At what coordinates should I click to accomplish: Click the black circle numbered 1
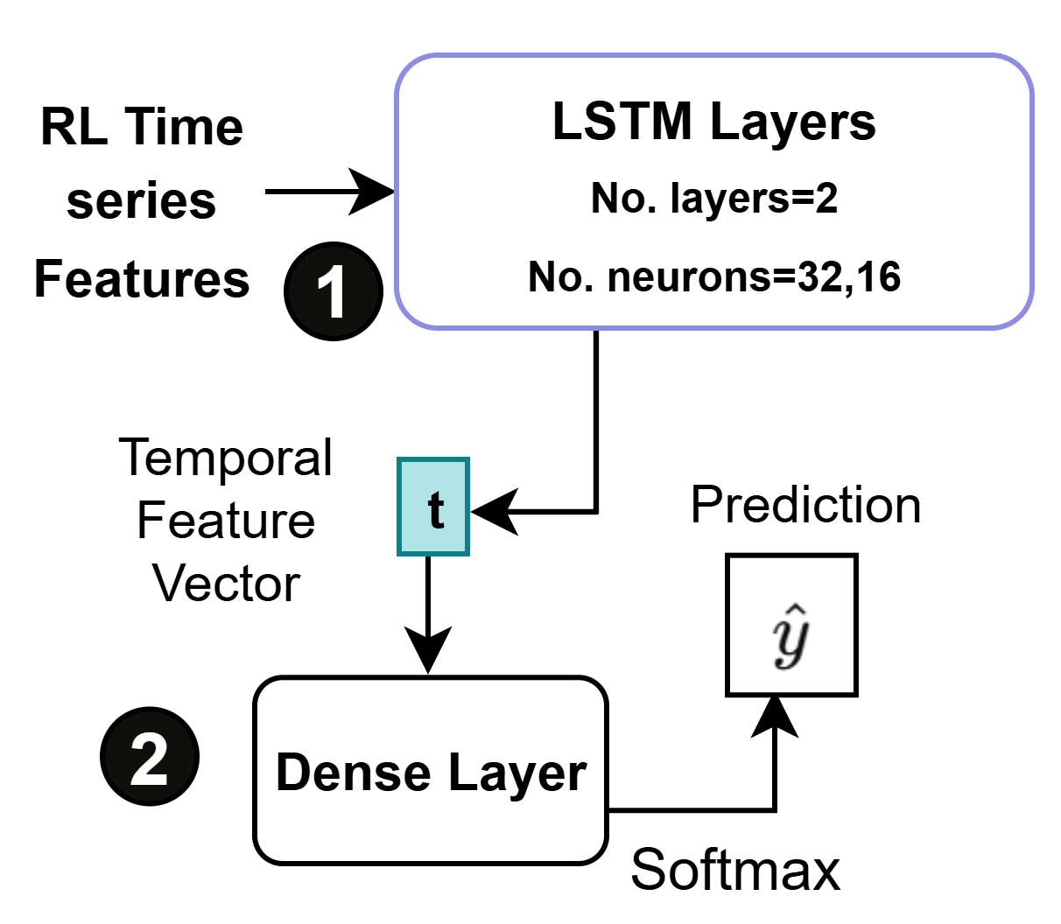(x=334, y=291)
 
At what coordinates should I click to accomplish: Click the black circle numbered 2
(x=150, y=757)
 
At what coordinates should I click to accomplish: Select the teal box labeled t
(x=433, y=507)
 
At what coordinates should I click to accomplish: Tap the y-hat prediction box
(x=791, y=625)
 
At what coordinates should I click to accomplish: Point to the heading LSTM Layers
(x=713, y=122)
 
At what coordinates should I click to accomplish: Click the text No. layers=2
(x=713, y=199)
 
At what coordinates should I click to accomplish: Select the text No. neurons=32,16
(x=713, y=277)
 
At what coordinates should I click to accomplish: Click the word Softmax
(x=735, y=870)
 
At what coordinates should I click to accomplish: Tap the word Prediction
(x=805, y=505)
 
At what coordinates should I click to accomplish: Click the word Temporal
(x=226, y=458)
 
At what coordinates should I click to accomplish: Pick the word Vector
(x=226, y=583)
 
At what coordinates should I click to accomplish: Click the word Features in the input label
(x=142, y=279)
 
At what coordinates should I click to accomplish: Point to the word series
(x=141, y=201)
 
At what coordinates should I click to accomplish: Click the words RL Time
(x=142, y=127)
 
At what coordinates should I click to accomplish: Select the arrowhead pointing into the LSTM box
(x=375, y=191)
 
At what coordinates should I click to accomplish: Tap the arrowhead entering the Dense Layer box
(x=428, y=652)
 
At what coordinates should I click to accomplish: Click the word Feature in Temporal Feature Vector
(x=226, y=521)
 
